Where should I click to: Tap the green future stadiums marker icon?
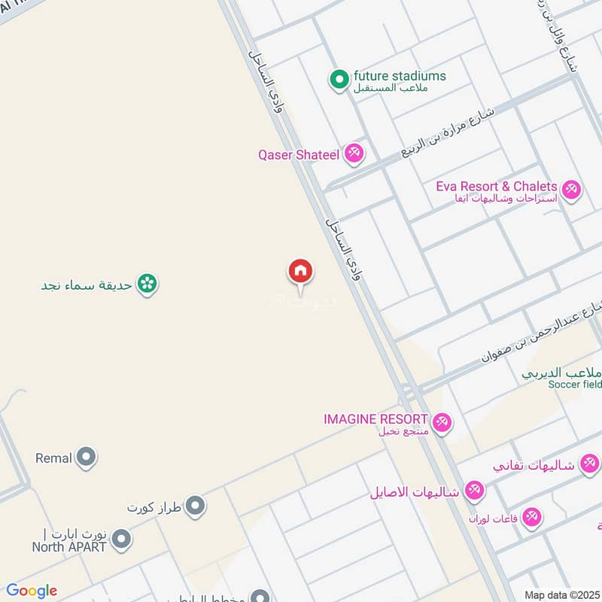339,78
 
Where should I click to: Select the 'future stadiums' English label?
400,76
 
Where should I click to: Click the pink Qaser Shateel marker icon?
354,154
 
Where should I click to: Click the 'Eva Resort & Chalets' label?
497,186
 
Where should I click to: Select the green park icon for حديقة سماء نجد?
148,284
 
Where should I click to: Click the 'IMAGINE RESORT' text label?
375,418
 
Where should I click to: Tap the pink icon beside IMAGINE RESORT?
442,423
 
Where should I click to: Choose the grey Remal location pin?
87,457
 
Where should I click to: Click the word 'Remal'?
53,458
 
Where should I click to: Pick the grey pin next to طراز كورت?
196,506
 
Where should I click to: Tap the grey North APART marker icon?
121,540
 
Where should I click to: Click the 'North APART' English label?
68,547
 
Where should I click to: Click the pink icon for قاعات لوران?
532,518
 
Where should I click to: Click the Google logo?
32,591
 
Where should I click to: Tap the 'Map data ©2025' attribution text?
561,594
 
